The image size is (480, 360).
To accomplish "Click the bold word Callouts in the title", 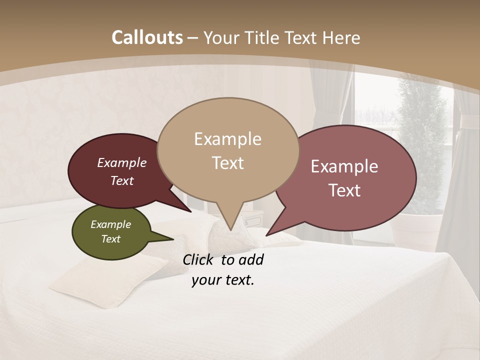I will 147,37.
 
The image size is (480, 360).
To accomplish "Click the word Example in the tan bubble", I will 227,139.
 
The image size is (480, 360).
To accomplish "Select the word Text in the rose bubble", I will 345,190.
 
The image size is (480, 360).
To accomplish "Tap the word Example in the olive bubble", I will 110,224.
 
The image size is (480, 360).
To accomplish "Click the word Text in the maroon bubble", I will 122,181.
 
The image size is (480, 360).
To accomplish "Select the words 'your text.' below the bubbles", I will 223,280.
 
